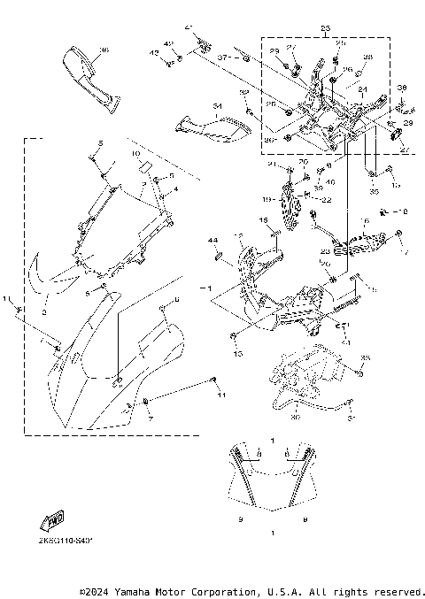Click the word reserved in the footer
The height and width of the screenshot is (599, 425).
click(398, 590)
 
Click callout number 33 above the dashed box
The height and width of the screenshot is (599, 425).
click(325, 30)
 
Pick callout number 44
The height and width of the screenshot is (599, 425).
click(212, 241)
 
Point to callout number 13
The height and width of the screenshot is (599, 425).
click(236, 353)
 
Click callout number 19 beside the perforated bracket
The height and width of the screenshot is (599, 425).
click(266, 199)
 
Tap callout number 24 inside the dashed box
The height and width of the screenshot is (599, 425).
click(362, 90)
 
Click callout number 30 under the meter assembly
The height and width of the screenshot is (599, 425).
click(295, 417)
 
